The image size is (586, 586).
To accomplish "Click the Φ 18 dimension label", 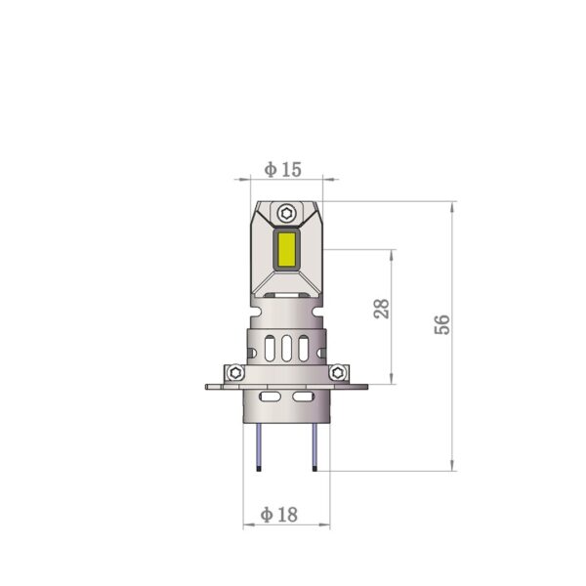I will click(x=281, y=514).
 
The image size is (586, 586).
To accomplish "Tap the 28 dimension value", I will click(x=382, y=309).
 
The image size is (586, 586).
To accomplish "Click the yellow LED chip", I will click(x=287, y=250).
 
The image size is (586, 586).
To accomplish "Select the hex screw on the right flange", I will click(x=338, y=372).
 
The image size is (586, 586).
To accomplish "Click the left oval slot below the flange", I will click(x=272, y=398).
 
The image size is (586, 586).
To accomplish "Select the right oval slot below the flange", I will click(x=300, y=398).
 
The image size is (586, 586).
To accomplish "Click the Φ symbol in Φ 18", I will click(x=269, y=514).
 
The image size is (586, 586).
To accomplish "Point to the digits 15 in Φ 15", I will click(x=291, y=170).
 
